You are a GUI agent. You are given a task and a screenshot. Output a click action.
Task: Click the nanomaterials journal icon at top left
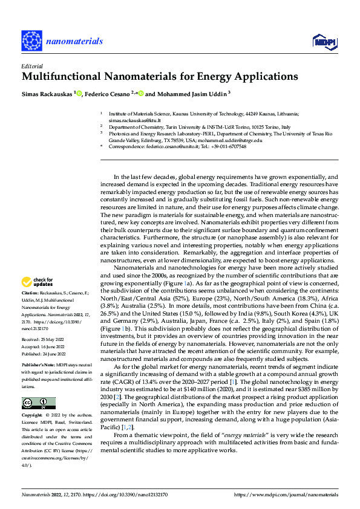click(30, 41)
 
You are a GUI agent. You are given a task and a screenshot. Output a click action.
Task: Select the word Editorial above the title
click(31, 66)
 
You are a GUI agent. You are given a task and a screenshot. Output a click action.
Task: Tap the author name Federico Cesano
click(109, 94)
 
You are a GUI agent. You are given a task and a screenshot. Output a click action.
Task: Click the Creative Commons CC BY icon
click(38, 403)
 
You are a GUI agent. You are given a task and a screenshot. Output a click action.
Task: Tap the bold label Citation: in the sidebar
click(31, 292)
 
